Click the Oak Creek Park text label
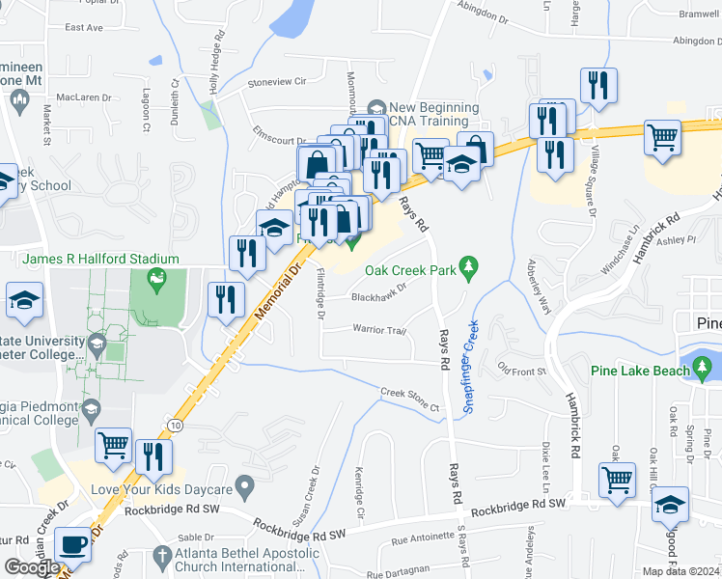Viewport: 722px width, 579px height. tap(409, 270)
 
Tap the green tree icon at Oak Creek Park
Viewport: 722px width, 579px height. tap(470, 265)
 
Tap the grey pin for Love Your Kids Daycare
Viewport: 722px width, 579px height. tap(245, 484)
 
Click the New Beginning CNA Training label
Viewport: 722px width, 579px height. tap(429, 114)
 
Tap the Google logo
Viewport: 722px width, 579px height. tap(31, 567)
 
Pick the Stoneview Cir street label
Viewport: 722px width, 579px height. tap(277, 82)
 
